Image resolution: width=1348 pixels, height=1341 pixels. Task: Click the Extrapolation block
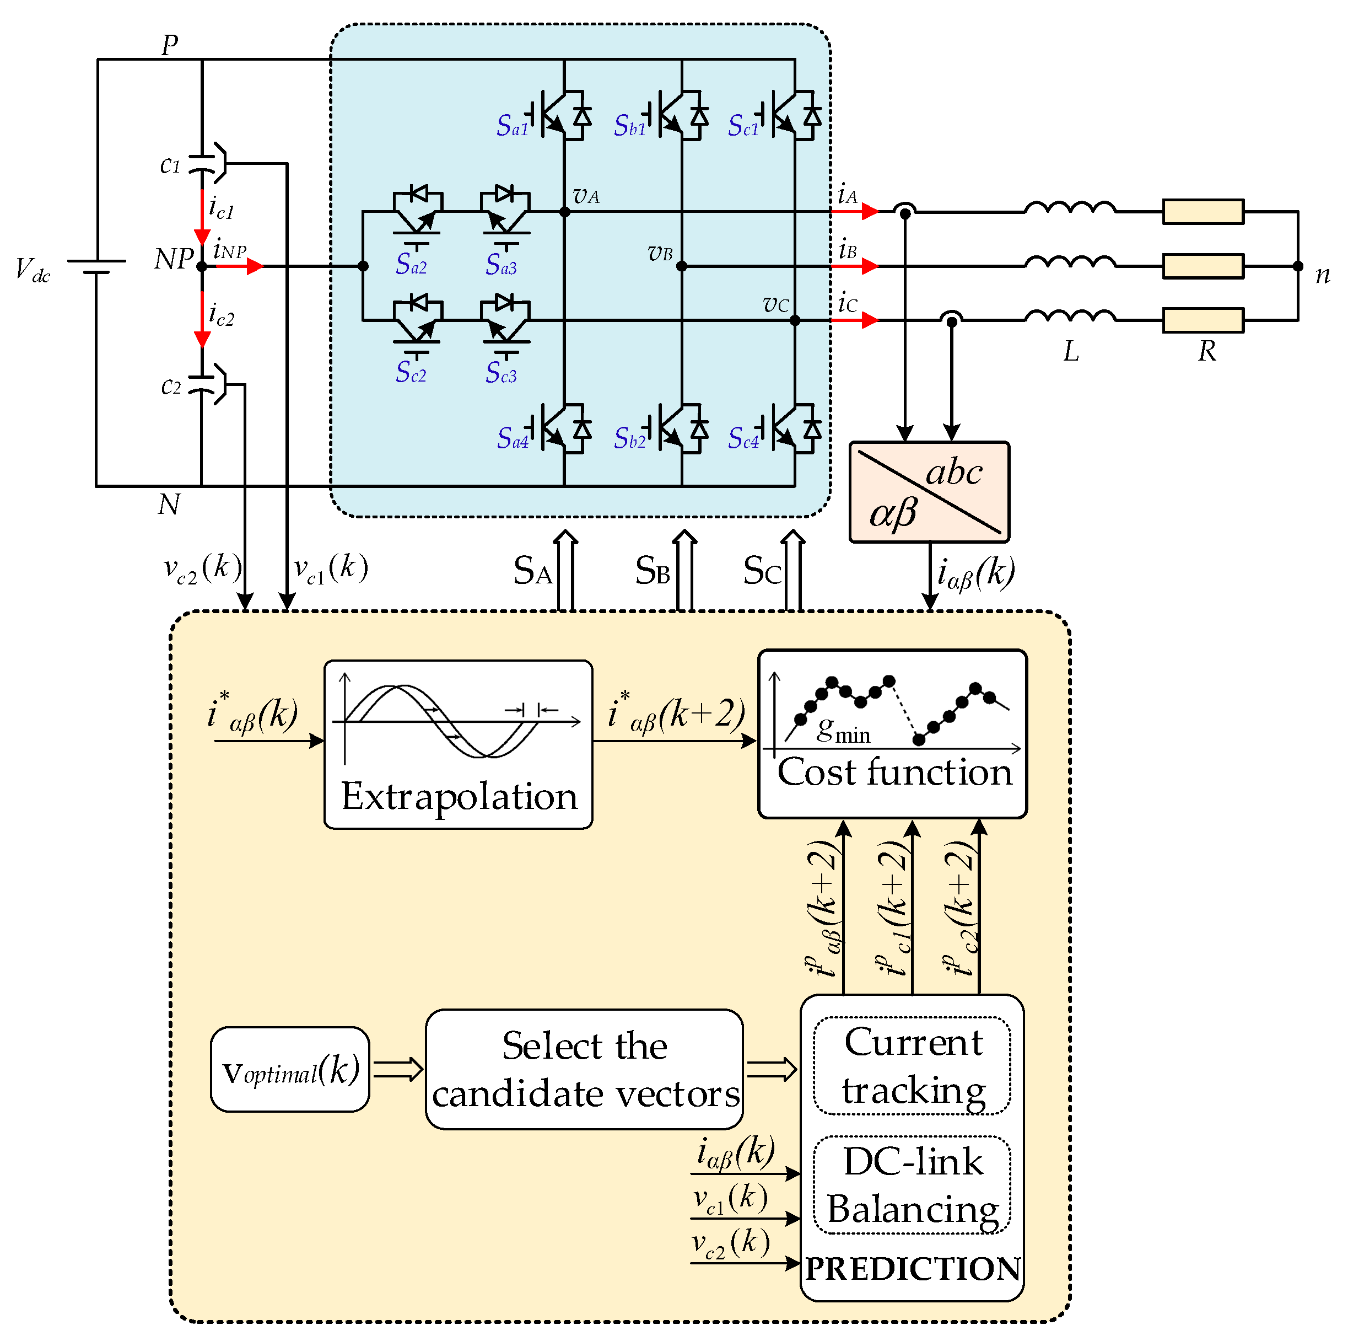[459, 744]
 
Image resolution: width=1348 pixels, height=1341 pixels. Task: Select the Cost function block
[892, 733]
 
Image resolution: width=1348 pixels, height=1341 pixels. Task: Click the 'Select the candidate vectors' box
[584, 1069]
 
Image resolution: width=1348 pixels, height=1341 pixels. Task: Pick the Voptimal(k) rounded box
[289, 1069]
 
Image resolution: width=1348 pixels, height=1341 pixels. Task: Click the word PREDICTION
[913, 1268]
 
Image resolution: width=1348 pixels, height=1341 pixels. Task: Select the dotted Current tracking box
[912, 1066]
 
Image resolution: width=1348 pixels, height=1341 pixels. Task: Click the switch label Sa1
[511, 126]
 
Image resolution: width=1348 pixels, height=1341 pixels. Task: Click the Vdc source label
[33, 270]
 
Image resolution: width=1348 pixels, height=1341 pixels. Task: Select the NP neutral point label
[172, 260]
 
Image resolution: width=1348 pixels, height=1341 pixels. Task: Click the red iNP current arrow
[241, 266]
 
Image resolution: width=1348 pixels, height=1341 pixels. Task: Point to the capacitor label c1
[170, 165]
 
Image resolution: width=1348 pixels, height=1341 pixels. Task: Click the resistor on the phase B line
[1203, 266]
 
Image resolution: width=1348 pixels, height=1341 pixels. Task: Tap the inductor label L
[1071, 351]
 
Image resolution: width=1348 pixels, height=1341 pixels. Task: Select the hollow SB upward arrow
[684, 570]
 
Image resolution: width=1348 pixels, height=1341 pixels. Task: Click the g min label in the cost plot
[843, 731]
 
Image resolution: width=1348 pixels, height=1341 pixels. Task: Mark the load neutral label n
[1322, 275]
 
